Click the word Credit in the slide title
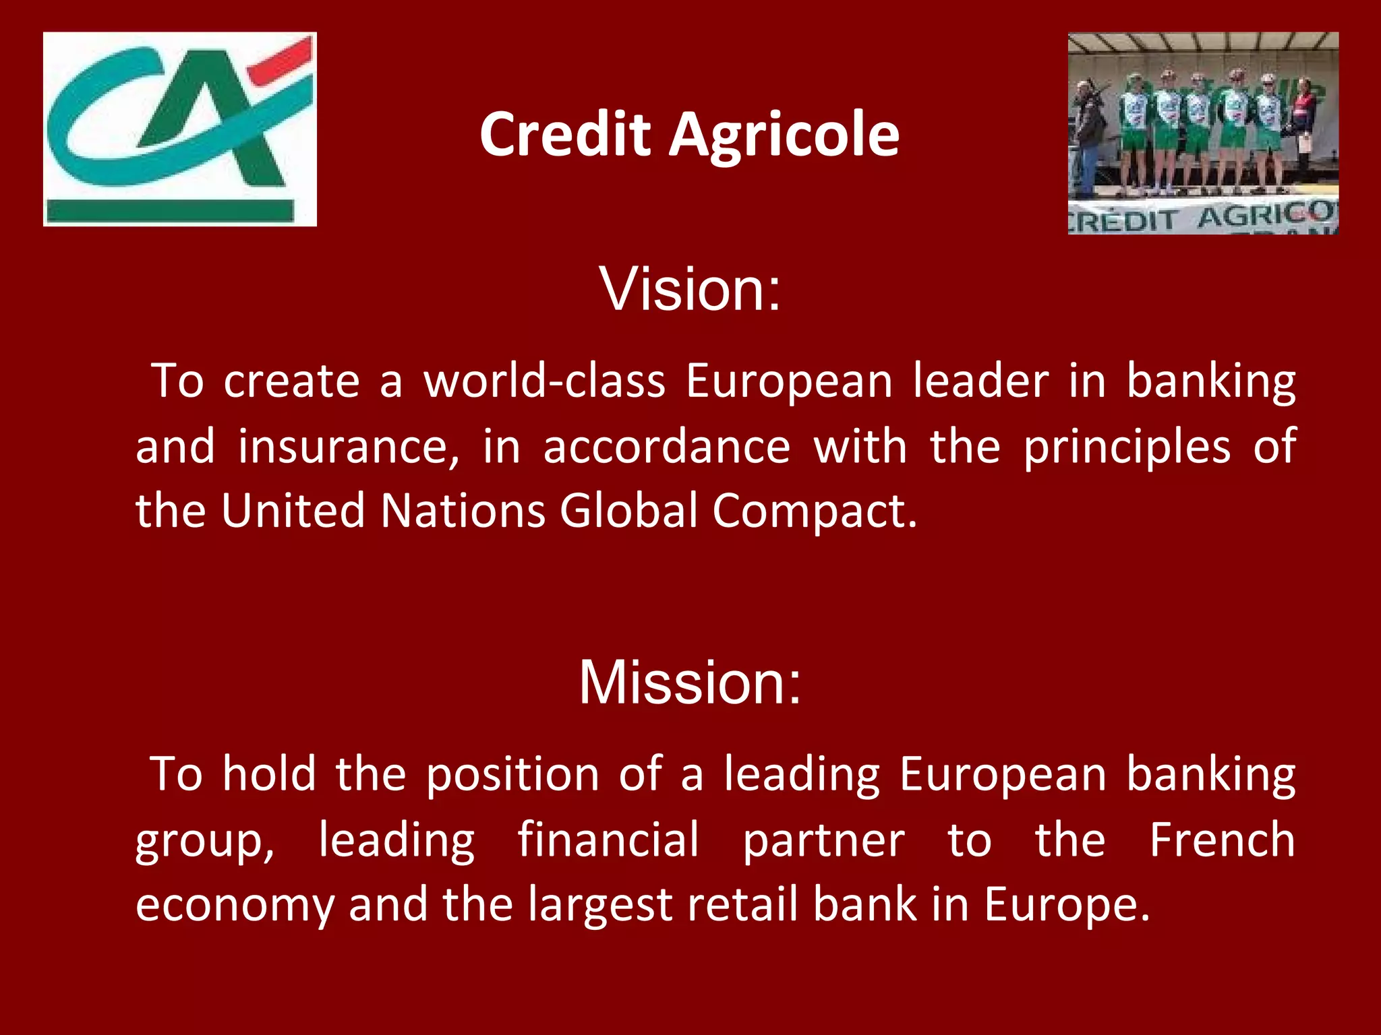[x=565, y=135]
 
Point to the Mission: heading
[x=690, y=682]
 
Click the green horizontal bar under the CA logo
[x=170, y=210]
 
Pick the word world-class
[x=544, y=381]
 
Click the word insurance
[x=348, y=447]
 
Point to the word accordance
[x=666, y=447]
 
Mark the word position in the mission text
[x=512, y=775]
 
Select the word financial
[x=608, y=840]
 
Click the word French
[x=1222, y=840]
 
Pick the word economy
[x=235, y=905]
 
